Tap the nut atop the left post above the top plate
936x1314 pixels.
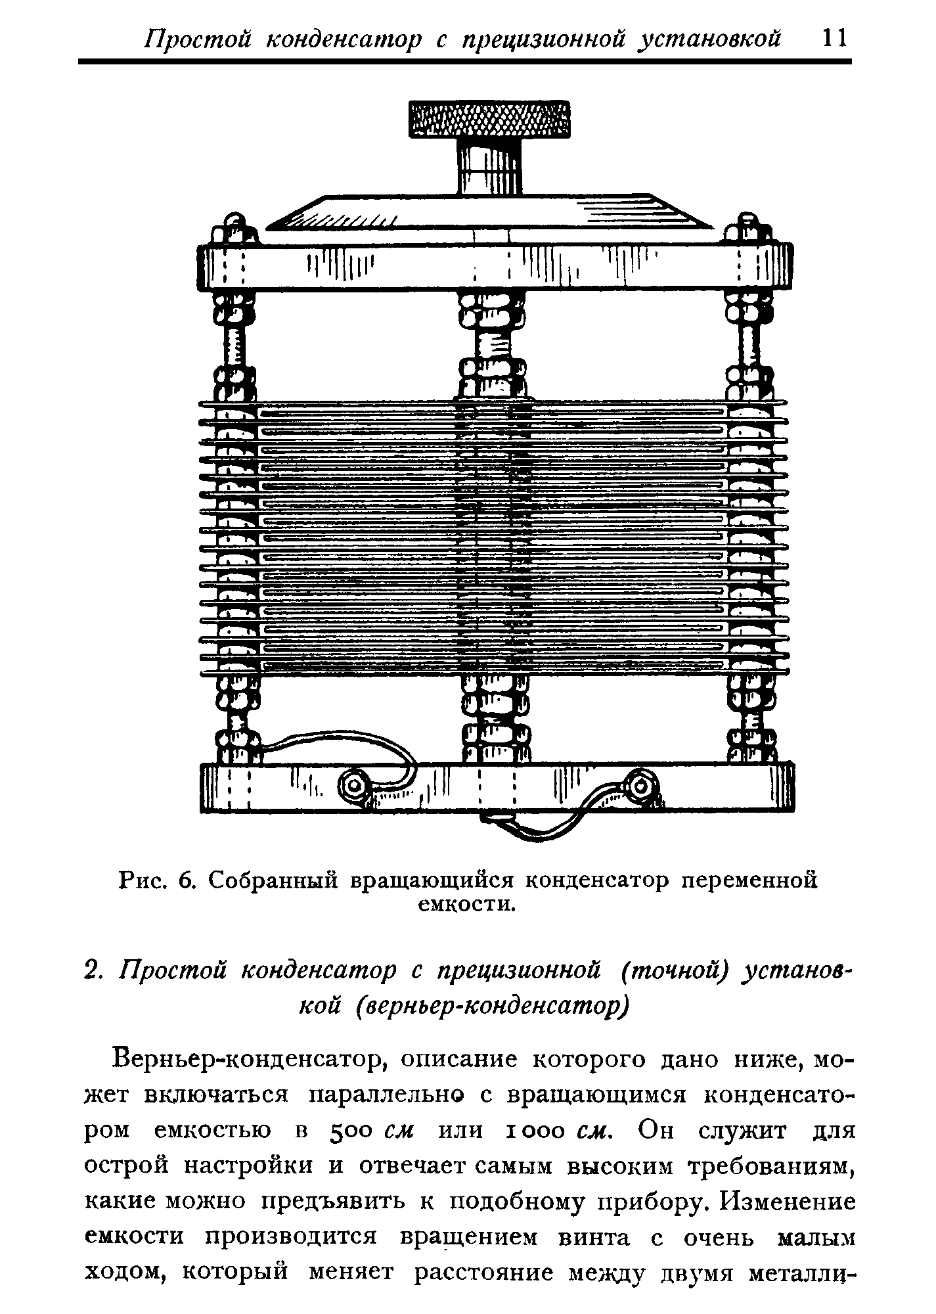pos(234,227)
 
